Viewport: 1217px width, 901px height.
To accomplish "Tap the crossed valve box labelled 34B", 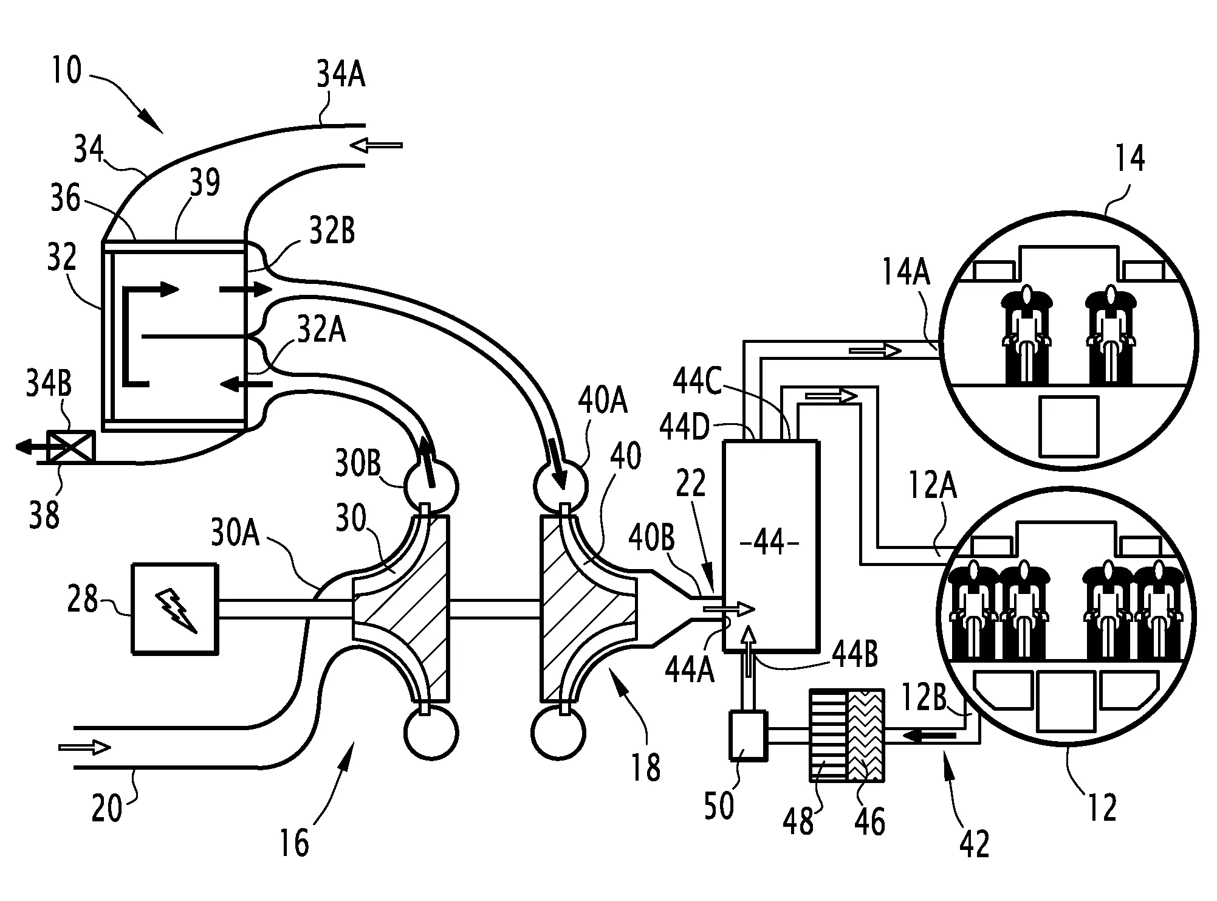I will (x=72, y=446).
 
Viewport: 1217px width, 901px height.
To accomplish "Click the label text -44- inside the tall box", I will (x=770, y=543).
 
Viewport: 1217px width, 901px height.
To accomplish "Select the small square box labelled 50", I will (x=748, y=735).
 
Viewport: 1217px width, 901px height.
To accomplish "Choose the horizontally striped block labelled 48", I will (x=828, y=735).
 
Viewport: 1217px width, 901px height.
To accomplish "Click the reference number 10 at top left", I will (x=65, y=71).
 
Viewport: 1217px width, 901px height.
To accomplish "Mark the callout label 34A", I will (x=341, y=77).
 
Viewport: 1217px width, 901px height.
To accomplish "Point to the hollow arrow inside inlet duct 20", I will (x=85, y=747).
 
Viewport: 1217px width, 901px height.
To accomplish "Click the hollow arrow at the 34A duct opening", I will (x=377, y=145).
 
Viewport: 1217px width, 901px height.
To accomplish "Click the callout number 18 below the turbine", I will (x=645, y=767).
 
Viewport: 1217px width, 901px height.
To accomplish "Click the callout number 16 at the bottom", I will (x=294, y=844).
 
